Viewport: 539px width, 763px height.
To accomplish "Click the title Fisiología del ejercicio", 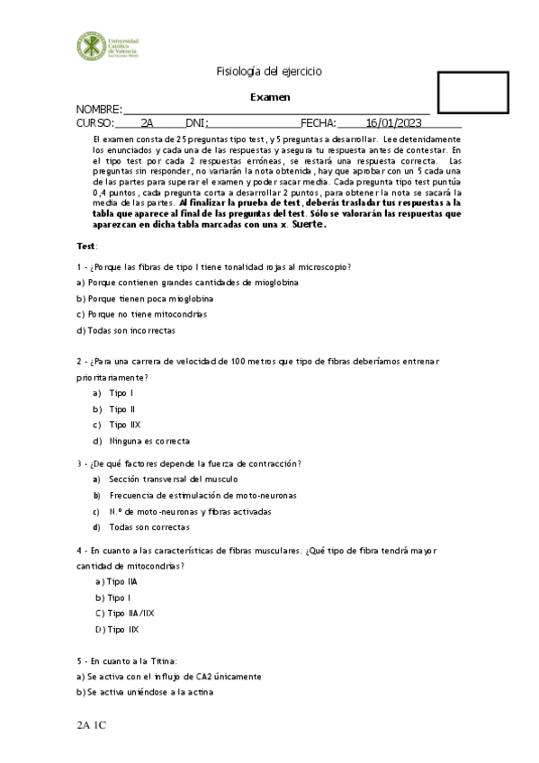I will click(269, 72).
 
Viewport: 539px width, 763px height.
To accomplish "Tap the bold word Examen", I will click(269, 97).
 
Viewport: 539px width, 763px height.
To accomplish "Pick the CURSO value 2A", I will click(148, 123).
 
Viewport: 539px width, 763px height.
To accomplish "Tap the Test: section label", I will click(87, 246).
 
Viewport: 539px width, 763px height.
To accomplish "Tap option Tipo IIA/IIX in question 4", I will click(123, 614).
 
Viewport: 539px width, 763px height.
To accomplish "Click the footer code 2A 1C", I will click(92, 723).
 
